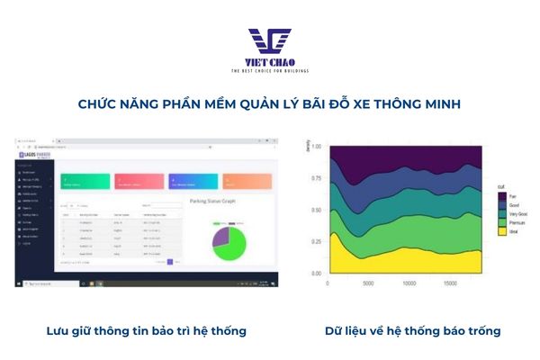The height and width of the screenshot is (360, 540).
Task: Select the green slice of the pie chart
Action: (x=232, y=245)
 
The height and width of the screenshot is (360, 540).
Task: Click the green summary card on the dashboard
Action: (x=85, y=183)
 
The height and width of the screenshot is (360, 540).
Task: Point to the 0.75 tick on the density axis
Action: (x=315, y=178)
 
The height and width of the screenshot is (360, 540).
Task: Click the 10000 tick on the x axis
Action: (x=409, y=282)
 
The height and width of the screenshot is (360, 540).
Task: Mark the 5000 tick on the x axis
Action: (x=368, y=282)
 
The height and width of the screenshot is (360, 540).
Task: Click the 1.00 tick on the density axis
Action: (x=315, y=147)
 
